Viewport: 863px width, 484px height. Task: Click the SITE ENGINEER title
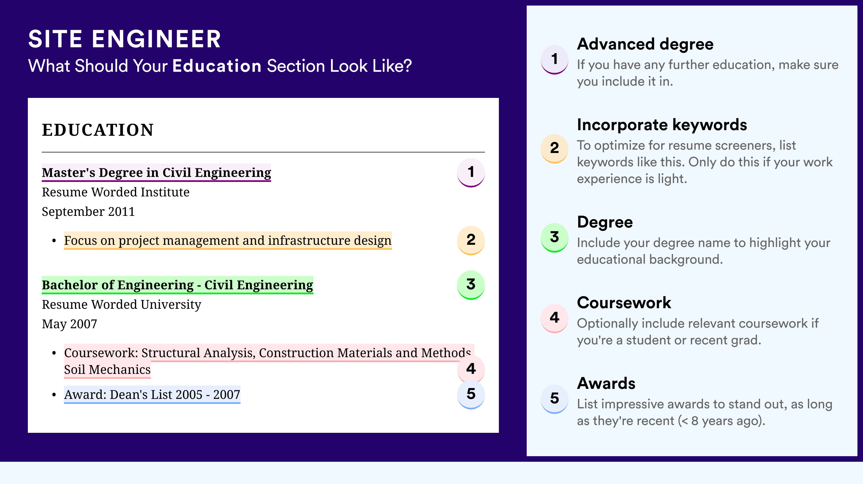tap(124, 39)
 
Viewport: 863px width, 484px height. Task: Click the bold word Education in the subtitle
tap(217, 66)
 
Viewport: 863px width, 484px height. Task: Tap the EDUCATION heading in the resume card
tap(97, 130)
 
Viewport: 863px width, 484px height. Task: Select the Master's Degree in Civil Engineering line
tap(156, 173)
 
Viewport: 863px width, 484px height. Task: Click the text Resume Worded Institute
tap(116, 192)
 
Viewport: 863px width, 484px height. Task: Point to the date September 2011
tap(88, 211)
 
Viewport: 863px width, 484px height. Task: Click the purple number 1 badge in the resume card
tap(471, 172)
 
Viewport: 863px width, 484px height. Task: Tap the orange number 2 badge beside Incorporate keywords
tap(555, 148)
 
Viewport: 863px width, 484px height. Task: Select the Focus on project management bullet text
tap(228, 240)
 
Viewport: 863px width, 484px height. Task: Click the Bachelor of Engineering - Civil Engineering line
tap(178, 285)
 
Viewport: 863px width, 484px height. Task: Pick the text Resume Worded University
tap(122, 305)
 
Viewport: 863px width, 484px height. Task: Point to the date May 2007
tap(69, 324)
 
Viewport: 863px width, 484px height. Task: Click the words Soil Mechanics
tap(107, 369)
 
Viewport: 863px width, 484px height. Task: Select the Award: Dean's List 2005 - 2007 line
tap(152, 395)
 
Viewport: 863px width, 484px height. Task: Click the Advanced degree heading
tap(645, 45)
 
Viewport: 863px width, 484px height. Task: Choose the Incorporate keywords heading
tap(662, 125)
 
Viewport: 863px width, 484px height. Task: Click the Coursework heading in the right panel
tap(624, 303)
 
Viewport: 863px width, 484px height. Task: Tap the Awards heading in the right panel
tap(606, 383)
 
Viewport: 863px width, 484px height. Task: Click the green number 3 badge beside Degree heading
tap(555, 237)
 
